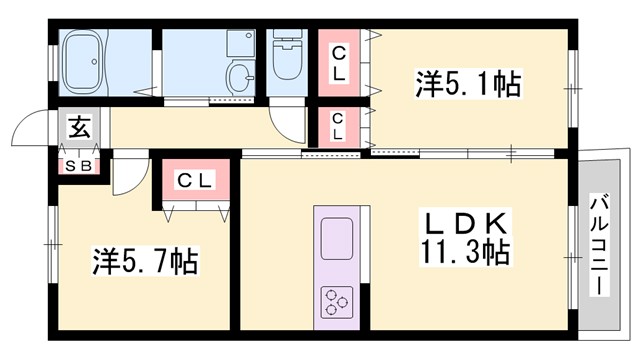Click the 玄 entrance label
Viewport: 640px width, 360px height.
pyautogui.click(x=78, y=127)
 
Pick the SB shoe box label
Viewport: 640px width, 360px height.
pyautogui.click(x=79, y=165)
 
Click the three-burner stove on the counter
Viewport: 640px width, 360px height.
pyautogui.click(x=338, y=300)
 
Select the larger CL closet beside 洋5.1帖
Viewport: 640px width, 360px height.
pyautogui.click(x=341, y=62)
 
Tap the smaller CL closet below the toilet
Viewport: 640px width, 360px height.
pyautogui.click(x=339, y=126)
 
